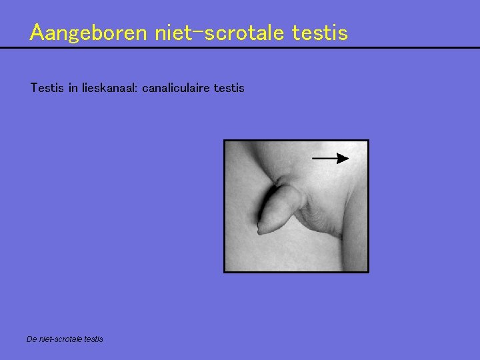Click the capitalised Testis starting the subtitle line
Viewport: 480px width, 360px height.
(x=47, y=87)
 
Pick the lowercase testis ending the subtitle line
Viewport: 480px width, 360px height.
(x=229, y=87)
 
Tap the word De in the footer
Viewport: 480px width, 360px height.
(x=31, y=339)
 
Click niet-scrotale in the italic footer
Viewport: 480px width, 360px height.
(x=61, y=339)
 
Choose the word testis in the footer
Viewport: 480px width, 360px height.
(x=94, y=339)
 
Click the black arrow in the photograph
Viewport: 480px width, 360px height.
(x=330, y=158)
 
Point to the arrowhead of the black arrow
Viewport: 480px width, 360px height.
(x=343, y=158)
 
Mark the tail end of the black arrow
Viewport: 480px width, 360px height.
(x=314, y=158)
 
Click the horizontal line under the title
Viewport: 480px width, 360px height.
(x=240, y=48)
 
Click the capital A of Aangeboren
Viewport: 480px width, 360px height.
(x=37, y=32)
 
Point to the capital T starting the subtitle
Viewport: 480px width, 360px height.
(x=34, y=87)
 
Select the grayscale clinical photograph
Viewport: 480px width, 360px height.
(x=295, y=206)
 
